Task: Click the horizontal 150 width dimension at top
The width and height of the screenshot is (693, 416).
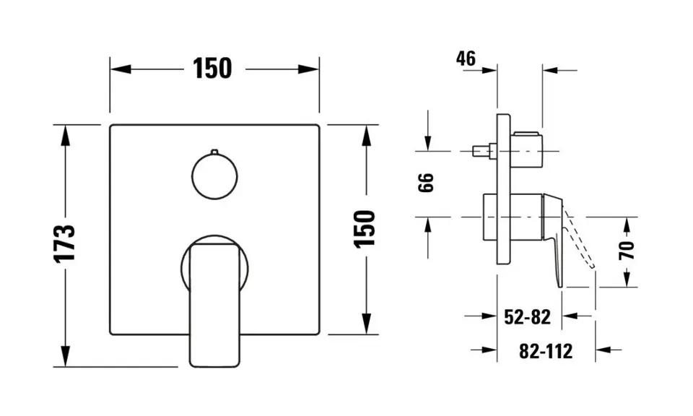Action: tap(213, 69)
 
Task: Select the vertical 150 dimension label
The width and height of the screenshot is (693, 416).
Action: tap(366, 228)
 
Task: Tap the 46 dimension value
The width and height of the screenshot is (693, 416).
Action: tap(466, 58)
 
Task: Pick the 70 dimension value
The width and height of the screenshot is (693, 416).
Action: tap(628, 251)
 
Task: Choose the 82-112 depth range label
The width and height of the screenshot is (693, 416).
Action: tap(546, 351)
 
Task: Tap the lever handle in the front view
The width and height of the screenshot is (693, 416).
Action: tap(214, 303)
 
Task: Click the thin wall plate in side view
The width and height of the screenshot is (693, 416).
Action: tap(505, 189)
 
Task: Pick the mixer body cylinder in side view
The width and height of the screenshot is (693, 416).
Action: tap(513, 217)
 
